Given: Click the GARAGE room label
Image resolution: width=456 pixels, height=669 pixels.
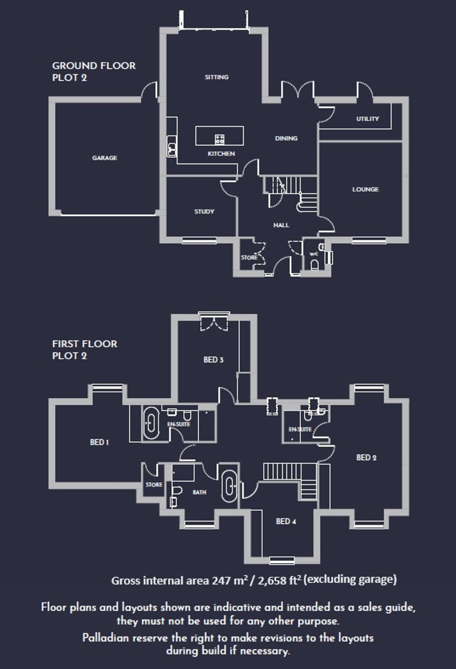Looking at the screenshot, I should click(x=104, y=158).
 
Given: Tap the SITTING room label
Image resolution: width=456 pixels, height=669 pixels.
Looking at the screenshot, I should click(x=217, y=77).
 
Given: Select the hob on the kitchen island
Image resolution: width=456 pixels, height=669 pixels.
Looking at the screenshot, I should click(x=220, y=139).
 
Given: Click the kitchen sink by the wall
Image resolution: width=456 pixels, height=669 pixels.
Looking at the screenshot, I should click(x=172, y=149).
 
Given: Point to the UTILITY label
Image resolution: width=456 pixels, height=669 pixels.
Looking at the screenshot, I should click(x=367, y=119).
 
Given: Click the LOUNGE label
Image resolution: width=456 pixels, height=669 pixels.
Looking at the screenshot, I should click(x=365, y=189).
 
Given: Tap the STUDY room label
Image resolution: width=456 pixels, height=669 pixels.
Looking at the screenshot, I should click(x=204, y=212).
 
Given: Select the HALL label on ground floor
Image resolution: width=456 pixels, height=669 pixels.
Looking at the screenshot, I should click(x=281, y=225).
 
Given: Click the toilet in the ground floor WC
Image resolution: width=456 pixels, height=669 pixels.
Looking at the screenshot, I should click(x=314, y=265).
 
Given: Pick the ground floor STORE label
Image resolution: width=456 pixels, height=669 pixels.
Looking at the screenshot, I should click(x=249, y=257).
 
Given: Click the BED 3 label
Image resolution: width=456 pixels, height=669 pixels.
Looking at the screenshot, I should click(x=213, y=360).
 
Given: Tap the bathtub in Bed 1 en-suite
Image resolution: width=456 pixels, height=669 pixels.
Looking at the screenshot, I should click(x=151, y=423).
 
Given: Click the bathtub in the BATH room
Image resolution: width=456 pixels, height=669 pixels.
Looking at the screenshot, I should click(x=230, y=486).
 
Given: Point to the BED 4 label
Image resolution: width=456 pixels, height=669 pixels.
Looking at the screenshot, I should click(x=286, y=521).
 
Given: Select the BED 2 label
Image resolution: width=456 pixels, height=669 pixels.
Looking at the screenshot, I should click(x=366, y=458).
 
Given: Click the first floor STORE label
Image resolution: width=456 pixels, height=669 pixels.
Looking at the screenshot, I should click(x=154, y=485).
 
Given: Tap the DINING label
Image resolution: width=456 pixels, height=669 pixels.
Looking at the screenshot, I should click(x=286, y=139).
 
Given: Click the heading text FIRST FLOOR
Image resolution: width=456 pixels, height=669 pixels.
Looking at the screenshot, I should click(x=84, y=344).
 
